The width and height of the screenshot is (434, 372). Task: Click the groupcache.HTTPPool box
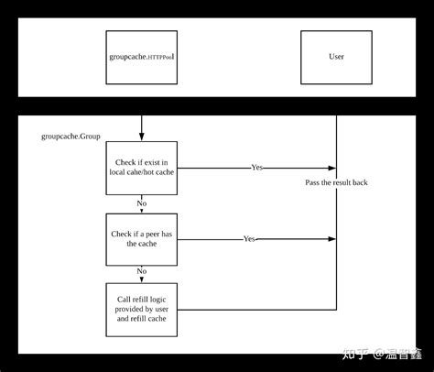[x=142, y=57]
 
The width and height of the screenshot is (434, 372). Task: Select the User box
[x=336, y=57]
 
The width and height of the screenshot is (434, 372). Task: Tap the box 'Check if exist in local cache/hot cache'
[x=142, y=168]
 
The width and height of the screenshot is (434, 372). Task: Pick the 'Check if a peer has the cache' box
[x=142, y=238]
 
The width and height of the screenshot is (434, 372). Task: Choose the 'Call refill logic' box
[x=142, y=309]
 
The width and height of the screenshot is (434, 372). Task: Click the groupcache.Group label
[x=71, y=137]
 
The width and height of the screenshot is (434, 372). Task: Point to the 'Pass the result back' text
[x=336, y=182]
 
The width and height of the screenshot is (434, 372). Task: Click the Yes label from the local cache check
[x=258, y=168]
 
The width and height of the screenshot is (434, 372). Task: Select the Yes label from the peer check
[x=249, y=238]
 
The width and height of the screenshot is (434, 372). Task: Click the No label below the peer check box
[x=142, y=272]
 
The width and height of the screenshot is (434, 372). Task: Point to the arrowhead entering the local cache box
[x=142, y=137]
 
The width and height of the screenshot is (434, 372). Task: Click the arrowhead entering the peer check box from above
[x=142, y=210]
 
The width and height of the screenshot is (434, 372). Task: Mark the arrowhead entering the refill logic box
[x=142, y=280]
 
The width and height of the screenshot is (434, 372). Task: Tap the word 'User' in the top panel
[x=336, y=57]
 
